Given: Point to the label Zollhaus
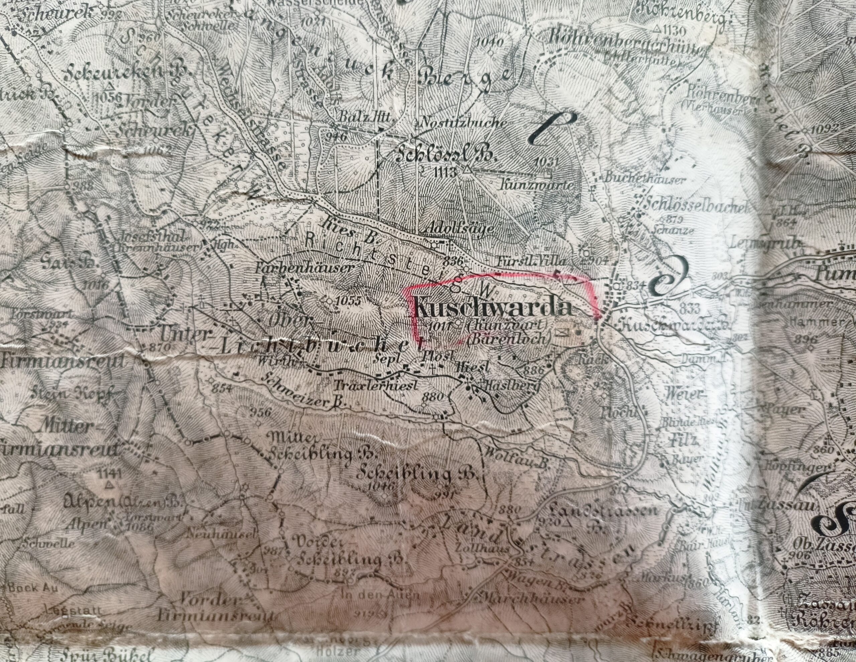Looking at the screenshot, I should tap(482, 548).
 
